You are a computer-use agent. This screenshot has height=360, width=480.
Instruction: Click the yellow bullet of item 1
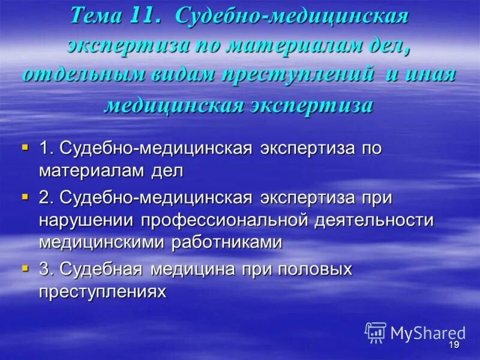25,146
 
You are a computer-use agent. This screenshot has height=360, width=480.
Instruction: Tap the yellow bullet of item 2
25,196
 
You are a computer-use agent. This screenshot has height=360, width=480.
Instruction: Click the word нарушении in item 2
86,220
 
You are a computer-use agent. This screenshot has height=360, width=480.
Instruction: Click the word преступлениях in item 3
101,291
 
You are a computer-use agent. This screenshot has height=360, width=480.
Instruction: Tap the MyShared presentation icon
376,332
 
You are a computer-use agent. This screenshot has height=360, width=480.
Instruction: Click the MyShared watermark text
427,333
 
